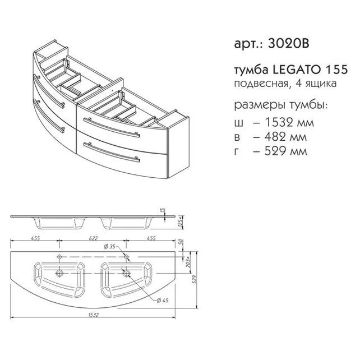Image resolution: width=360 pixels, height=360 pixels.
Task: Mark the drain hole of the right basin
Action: tap(128, 274)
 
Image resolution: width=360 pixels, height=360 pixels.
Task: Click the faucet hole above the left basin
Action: tap(59, 257)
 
